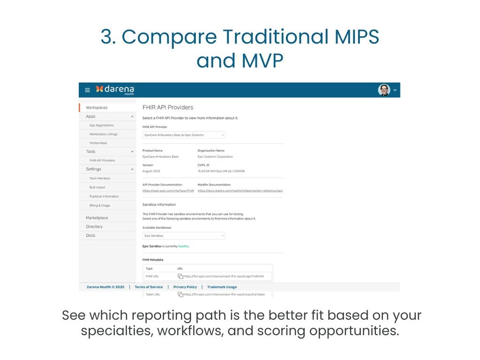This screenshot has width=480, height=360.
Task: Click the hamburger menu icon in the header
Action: click(87, 90)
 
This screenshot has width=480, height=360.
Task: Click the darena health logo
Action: click(115, 90)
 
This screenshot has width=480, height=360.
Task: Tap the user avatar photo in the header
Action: click(384, 90)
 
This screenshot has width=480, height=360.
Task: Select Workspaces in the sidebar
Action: click(97, 108)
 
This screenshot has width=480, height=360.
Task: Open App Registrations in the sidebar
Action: click(101, 126)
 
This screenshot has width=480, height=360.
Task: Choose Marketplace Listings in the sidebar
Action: click(103, 134)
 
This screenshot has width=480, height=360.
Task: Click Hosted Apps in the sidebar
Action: click(98, 143)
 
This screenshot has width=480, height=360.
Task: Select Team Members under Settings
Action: click(100, 179)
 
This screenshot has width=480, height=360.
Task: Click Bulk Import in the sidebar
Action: click(97, 187)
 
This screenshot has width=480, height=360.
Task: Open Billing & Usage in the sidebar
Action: click(99, 205)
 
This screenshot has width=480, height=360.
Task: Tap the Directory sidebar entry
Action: click(94, 227)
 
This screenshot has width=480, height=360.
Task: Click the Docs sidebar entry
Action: click(90, 236)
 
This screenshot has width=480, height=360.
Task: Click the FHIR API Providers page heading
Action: click(167, 107)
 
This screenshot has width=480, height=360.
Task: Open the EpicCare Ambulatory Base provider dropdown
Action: click(184, 135)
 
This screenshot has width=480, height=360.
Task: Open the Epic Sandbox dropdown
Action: click(184, 236)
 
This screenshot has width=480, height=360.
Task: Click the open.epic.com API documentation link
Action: click(168, 191)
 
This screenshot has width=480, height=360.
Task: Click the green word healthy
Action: click(183, 246)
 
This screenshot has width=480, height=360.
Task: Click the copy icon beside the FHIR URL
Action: click(180, 277)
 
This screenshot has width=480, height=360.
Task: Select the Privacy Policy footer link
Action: click(185, 287)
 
